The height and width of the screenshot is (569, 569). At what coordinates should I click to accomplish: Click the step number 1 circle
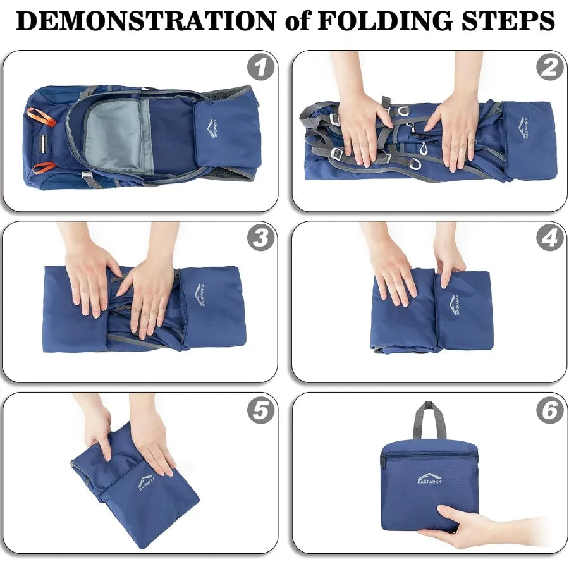pos(260,67)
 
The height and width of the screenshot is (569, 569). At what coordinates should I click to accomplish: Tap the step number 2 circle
pos(550,67)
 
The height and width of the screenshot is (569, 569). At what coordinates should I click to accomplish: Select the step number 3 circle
pos(260,238)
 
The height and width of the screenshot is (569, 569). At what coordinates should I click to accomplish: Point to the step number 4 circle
pos(550,238)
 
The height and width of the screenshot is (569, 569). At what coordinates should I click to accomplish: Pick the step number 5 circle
pos(260,410)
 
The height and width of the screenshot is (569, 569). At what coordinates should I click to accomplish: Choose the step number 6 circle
pos(550,410)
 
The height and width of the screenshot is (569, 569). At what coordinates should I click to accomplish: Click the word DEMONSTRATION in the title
pos(146,20)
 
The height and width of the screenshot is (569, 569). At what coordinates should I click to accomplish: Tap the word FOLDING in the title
pos(384,20)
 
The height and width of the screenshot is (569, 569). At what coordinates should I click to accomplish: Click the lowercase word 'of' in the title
pos(297,21)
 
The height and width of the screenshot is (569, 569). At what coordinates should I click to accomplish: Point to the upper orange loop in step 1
pos(41,115)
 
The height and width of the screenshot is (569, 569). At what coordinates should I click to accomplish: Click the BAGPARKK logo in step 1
pos(212,128)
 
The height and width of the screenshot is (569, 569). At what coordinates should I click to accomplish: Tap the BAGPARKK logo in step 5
pos(147,482)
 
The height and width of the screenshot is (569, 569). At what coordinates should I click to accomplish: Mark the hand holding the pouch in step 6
pos(472,523)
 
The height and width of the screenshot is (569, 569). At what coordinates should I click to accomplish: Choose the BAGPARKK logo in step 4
pos(454,305)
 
